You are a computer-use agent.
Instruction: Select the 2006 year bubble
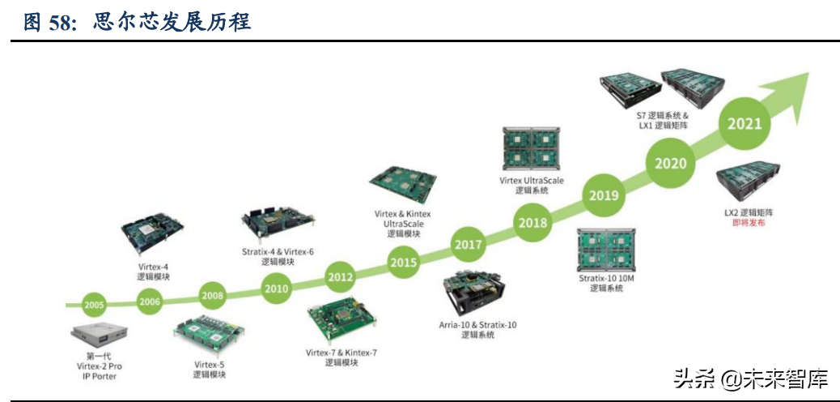150,301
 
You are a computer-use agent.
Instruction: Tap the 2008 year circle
212,296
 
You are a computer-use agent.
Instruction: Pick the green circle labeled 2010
276,288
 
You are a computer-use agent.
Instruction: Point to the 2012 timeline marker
340,277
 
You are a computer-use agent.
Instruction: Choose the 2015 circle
403,263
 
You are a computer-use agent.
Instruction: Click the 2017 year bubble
469,244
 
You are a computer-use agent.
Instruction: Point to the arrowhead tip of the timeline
807,74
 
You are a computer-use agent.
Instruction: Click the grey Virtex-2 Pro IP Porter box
99,331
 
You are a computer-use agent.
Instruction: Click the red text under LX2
749,222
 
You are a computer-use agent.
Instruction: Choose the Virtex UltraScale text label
532,181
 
